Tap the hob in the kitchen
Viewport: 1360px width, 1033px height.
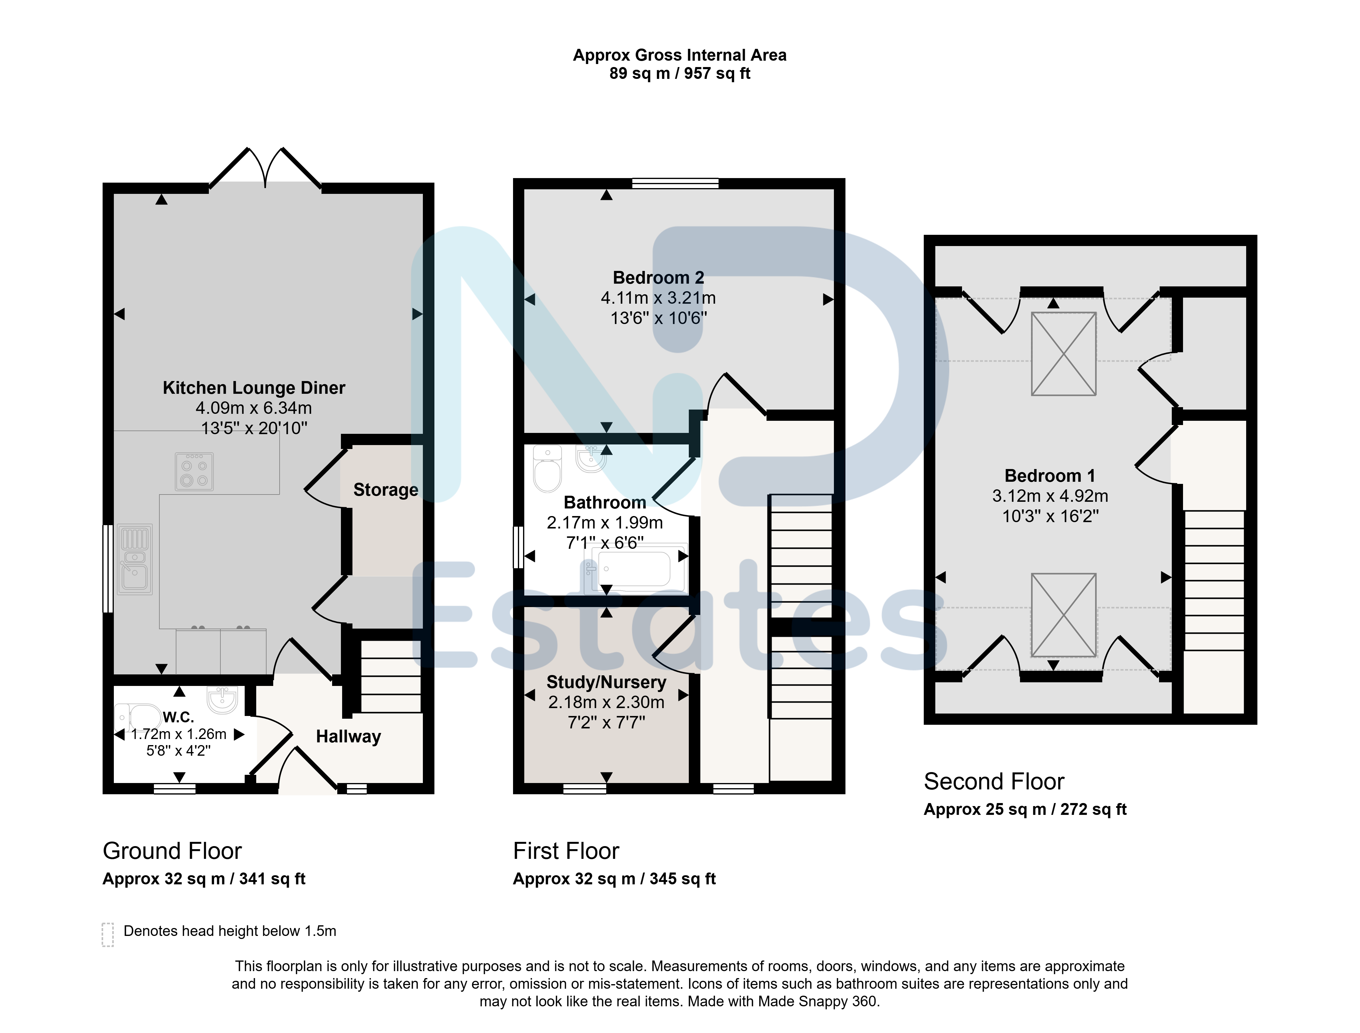click(194, 472)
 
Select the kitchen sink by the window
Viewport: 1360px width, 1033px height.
click(135, 559)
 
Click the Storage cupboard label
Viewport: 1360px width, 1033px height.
click(386, 490)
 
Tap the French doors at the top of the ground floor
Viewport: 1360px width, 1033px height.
click(265, 168)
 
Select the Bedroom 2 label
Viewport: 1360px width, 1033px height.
click(658, 278)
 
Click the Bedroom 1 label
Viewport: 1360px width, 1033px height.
click(1050, 476)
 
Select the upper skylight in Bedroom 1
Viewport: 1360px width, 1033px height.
click(1063, 353)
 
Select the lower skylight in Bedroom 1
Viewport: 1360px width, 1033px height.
click(1063, 615)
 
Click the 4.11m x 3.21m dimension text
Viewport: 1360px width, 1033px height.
click(658, 298)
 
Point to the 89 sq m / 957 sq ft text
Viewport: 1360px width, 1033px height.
click(680, 74)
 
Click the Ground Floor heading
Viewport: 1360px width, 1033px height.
click(172, 851)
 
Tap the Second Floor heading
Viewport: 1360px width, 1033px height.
click(994, 782)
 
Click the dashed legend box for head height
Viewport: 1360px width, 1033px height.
click(108, 935)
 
